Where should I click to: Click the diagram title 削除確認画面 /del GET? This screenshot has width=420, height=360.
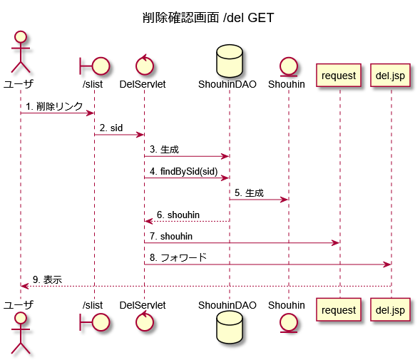point(208,18)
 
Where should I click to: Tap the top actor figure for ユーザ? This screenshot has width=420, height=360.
point(21,52)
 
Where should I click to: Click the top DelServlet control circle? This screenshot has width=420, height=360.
point(144,65)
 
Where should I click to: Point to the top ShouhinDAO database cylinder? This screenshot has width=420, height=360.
point(230,61)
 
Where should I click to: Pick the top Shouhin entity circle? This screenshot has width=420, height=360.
point(289,66)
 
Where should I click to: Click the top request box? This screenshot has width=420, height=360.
point(339,76)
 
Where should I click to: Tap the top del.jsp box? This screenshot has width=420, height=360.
point(390,76)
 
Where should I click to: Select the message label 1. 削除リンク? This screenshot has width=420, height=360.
point(54,106)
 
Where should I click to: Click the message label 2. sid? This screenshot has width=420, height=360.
point(111,128)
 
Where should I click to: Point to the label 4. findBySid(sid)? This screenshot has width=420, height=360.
point(184,171)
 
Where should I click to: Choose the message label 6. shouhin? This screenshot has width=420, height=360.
point(178,215)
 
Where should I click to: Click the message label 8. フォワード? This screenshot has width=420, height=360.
point(178,257)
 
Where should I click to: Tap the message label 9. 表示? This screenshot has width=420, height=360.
point(47,279)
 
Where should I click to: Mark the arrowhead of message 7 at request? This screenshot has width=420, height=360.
point(336,243)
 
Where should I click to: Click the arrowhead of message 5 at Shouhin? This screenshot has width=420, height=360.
point(285,200)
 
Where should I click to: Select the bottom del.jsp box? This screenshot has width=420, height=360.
point(390,309)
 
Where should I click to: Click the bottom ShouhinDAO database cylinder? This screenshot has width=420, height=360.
point(230,327)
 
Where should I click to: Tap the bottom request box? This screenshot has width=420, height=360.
point(339,309)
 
